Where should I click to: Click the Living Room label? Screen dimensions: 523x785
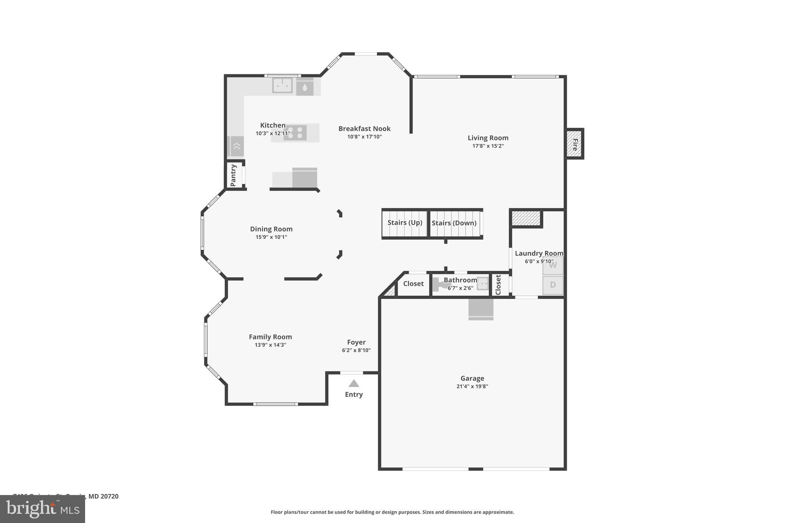[488, 138]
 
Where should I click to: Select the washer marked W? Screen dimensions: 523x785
[552, 266]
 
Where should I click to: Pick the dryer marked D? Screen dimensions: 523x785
[552, 285]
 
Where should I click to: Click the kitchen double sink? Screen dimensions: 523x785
[282, 85]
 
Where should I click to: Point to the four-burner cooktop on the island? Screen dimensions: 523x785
[295, 133]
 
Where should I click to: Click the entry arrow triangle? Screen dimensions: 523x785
[353, 384]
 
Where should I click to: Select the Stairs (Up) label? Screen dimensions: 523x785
[404, 223]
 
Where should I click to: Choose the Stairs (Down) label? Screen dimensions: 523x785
[454, 223]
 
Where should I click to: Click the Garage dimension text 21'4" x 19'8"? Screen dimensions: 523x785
[472, 386]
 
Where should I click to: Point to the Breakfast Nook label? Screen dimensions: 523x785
[364, 129]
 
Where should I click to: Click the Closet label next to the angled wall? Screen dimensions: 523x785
[413, 284]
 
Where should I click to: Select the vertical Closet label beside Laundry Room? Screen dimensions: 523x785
[498, 285]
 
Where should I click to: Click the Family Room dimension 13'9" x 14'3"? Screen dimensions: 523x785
[270, 345]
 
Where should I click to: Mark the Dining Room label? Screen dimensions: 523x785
[271, 229]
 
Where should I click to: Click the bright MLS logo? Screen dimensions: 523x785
[42, 509]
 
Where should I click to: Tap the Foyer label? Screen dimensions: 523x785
[356, 342]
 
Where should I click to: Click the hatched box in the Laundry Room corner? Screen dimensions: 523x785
[526, 218]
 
